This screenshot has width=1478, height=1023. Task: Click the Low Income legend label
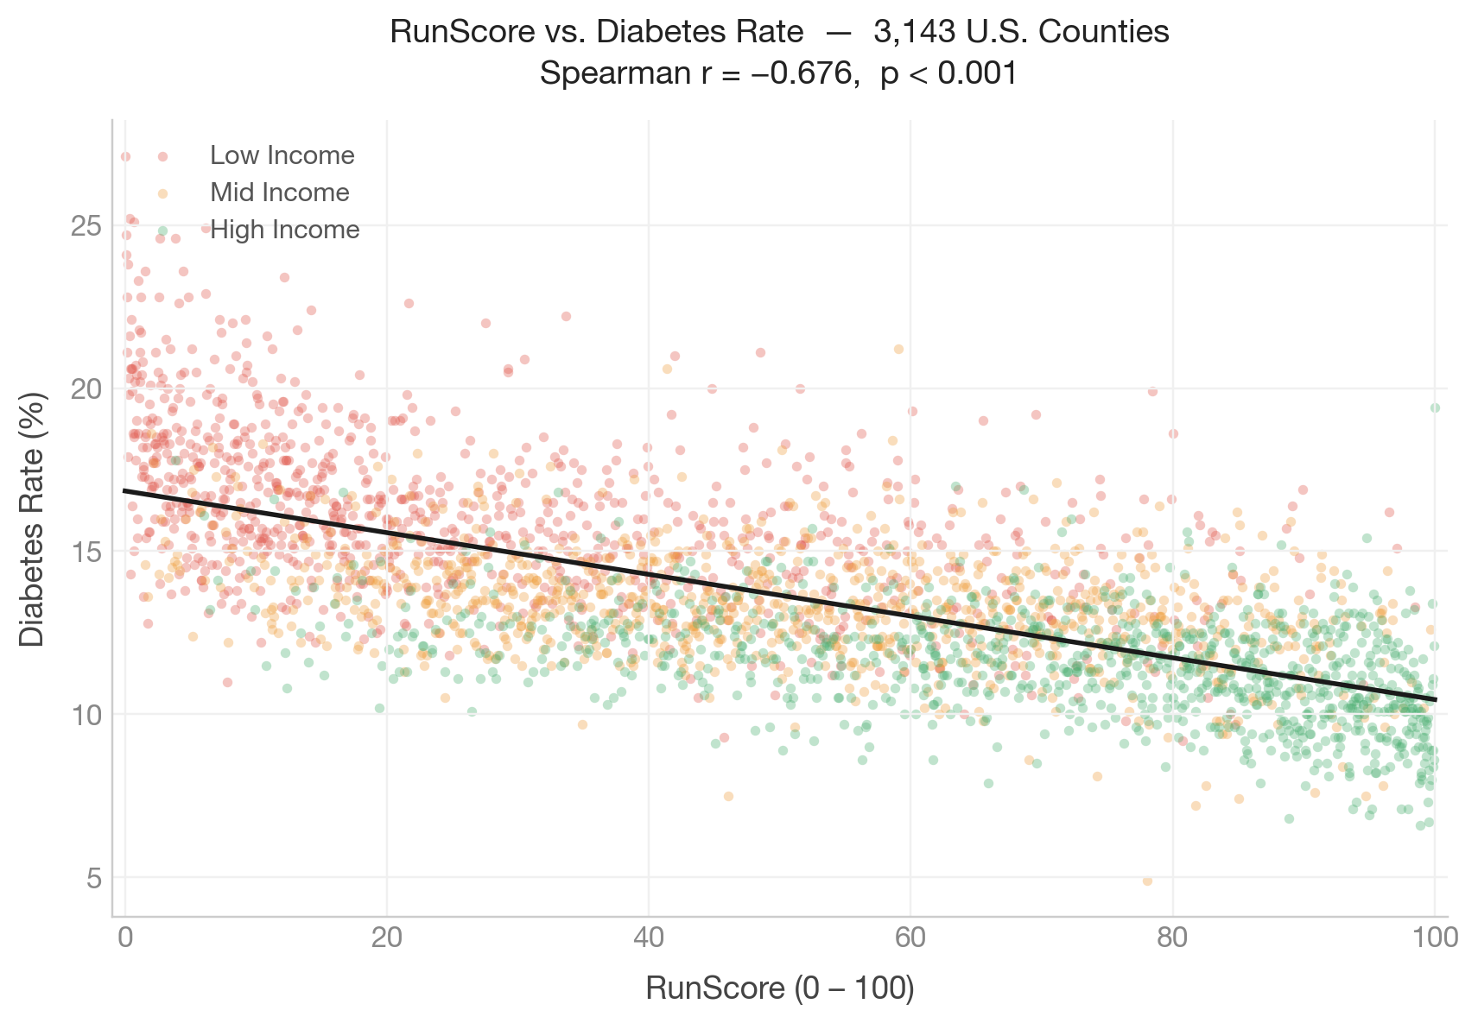tap(282, 155)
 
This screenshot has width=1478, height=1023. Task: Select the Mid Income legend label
tap(280, 193)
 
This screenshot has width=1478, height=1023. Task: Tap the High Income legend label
tap(285, 230)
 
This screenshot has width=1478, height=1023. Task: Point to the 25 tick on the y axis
tap(85, 226)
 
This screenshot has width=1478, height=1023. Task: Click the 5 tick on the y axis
tap(93, 879)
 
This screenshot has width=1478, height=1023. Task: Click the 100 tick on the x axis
tap(1434, 938)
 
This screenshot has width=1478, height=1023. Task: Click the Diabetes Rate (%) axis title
tap(32, 518)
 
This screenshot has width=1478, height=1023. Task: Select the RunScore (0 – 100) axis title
tap(779, 988)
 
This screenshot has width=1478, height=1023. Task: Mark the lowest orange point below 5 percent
tap(1147, 881)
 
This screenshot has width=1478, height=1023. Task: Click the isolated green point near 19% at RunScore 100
tap(1435, 407)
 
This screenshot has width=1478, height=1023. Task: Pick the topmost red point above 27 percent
tap(125, 156)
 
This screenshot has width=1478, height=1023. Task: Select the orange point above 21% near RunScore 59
tap(898, 349)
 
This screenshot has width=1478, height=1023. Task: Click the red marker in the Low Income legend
tap(162, 156)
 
